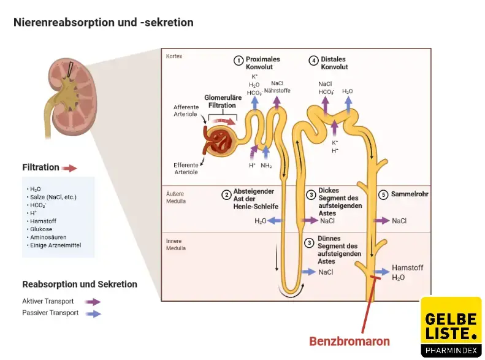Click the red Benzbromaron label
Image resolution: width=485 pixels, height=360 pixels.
349,340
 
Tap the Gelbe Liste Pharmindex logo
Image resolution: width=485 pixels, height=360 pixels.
451,327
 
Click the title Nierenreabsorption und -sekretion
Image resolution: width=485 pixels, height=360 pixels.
104,23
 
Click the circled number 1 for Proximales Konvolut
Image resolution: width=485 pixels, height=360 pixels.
238,60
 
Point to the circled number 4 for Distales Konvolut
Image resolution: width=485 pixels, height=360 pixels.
313,60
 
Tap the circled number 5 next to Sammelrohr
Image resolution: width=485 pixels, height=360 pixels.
383,194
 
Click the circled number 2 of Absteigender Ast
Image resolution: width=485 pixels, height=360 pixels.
226,195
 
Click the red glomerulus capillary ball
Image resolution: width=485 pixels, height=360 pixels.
219,140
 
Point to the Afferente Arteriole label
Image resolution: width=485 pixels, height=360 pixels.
186,110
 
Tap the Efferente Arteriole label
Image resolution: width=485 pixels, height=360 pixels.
186,169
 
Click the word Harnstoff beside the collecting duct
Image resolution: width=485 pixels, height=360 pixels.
408,268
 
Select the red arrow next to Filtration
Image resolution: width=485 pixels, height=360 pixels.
69,167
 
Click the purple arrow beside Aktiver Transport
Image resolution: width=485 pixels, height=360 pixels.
93,301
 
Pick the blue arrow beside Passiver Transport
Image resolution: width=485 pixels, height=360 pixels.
93,313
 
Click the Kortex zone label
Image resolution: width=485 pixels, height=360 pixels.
174,56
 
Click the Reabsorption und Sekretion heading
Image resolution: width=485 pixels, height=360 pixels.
80,285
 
